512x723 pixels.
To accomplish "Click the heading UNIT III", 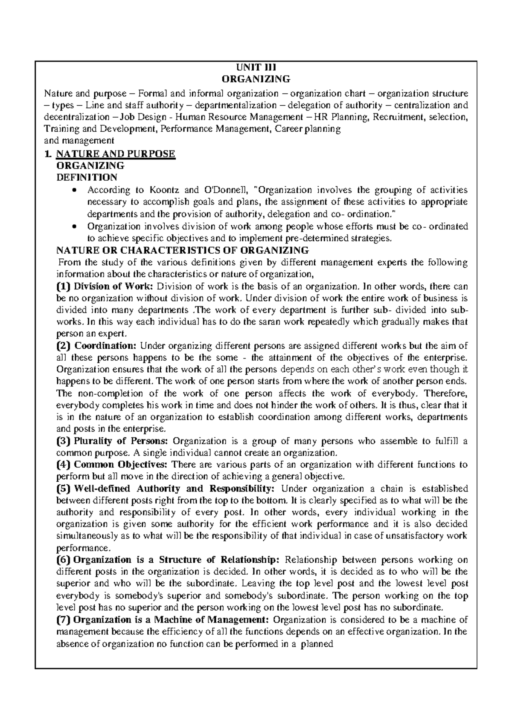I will (x=256, y=67).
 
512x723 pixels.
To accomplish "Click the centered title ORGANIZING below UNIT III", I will (x=256, y=79).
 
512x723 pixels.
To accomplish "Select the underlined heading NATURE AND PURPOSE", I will (x=116, y=153).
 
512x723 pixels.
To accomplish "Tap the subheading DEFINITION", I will (x=87, y=177).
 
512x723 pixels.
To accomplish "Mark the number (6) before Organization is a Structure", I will (x=64, y=560).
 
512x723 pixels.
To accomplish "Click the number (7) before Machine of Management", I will (x=64, y=619).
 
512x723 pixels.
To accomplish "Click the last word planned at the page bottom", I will (x=317, y=644).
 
